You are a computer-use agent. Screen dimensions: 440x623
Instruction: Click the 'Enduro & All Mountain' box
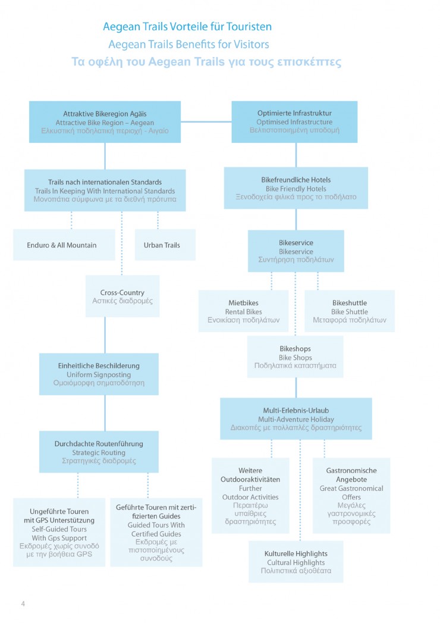(x=64, y=245)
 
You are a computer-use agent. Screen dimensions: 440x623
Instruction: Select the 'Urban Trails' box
(x=165, y=245)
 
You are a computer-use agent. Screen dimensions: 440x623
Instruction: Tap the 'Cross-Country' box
(x=122, y=296)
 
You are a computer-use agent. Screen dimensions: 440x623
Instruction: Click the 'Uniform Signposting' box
(x=99, y=374)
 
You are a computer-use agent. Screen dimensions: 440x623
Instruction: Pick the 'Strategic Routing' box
(x=99, y=452)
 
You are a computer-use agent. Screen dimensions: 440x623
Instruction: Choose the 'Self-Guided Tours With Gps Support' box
(x=59, y=533)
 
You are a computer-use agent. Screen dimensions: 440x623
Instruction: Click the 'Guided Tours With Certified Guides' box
(x=156, y=533)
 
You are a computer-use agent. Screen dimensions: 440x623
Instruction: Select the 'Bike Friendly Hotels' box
(x=296, y=188)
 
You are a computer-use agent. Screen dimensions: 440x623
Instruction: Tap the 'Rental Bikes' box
(x=243, y=311)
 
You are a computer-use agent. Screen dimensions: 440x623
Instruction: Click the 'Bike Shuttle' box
(x=350, y=311)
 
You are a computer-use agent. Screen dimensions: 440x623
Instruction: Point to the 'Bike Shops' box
(x=295, y=357)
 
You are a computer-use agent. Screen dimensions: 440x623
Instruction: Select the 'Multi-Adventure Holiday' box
(x=296, y=419)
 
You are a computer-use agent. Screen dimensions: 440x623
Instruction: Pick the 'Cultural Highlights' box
(x=296, y=562)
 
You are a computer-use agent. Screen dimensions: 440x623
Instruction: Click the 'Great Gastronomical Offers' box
(x=351, y=496)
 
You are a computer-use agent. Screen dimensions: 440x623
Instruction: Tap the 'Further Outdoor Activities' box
(x=250, y=496)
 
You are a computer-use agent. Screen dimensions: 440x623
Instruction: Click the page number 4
(x=23, y=603)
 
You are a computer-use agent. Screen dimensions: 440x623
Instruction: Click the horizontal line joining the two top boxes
(x=206, y=121)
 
